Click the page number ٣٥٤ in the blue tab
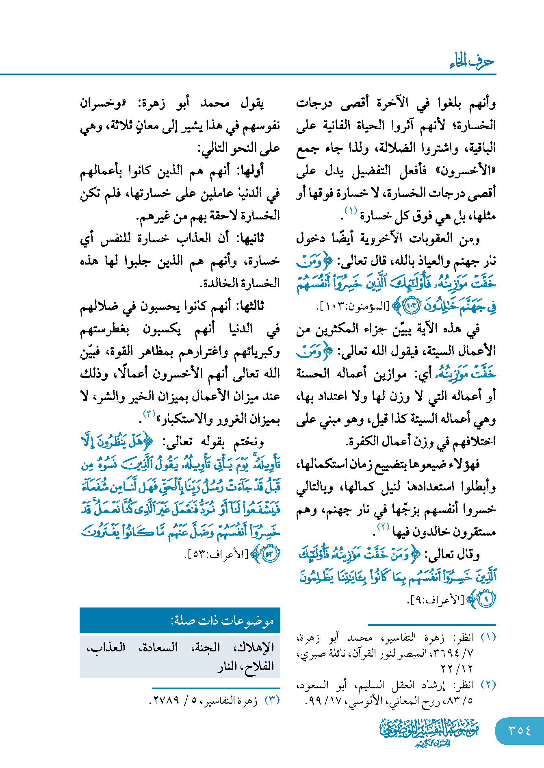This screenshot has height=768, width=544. [520, 730]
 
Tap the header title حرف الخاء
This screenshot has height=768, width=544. [472, 62]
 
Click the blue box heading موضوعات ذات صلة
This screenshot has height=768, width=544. [222, 620]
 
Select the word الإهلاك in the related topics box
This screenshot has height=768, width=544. [256, 647]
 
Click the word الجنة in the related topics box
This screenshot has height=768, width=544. [206, 647]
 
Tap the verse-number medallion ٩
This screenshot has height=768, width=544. [485, 599]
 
